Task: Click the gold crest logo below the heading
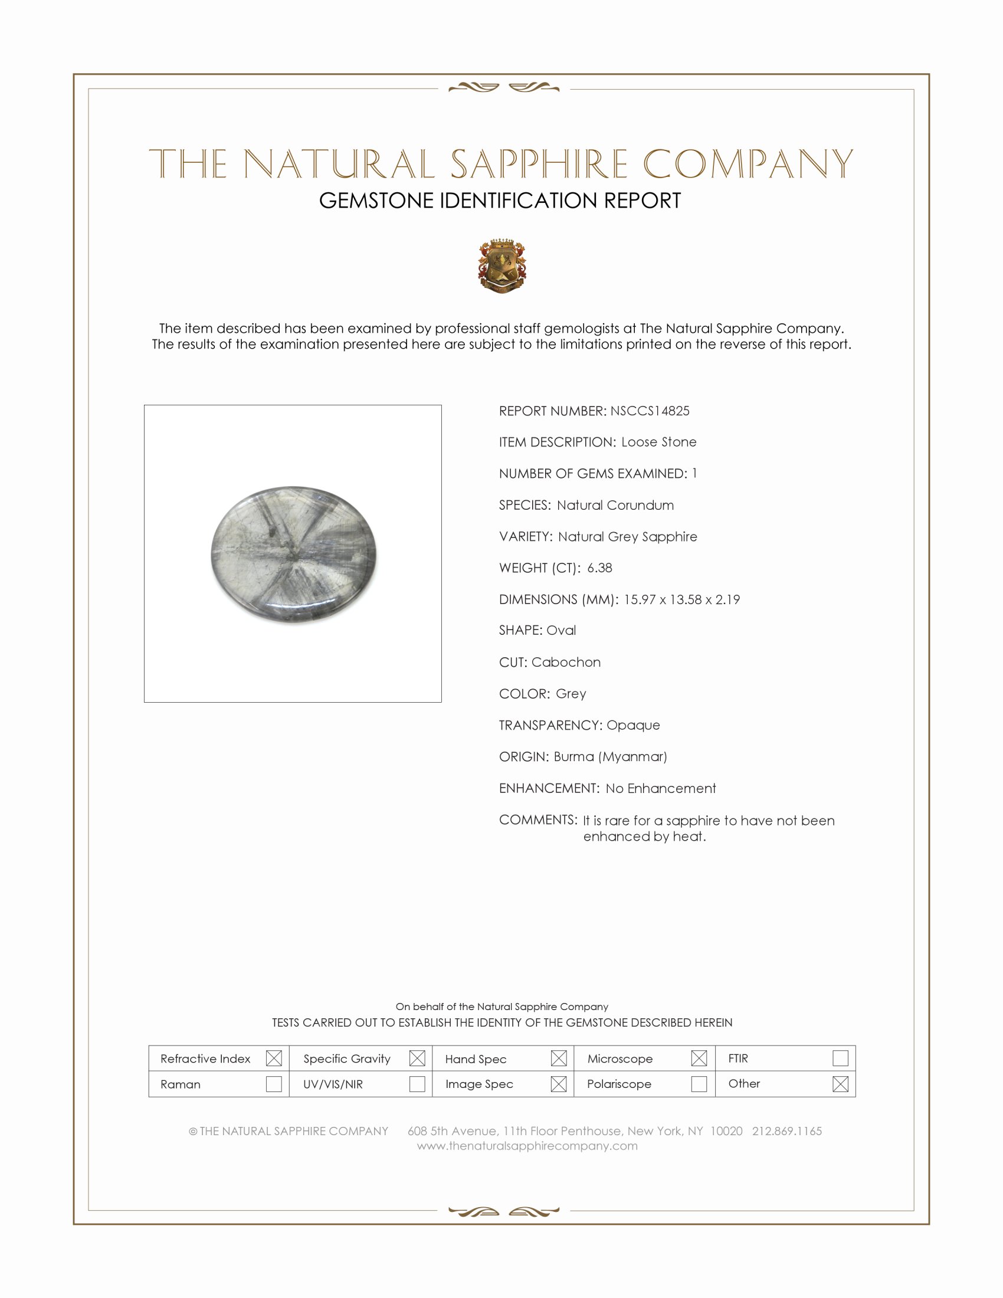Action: [x=502, y=265]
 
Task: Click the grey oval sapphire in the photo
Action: [x=294, y=554]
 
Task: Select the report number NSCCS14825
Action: [x=650, y=411]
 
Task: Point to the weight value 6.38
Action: [x=599, y=568]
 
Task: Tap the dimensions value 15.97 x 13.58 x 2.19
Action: [x=681, y=599]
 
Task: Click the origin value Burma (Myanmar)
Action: [x=610, y=756]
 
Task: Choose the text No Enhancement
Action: [x=661, y=788]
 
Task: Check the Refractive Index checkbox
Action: [x=274, y=1058]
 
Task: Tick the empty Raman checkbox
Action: [x=274, y=1083]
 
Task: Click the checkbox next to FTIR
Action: [x=840, y=1058]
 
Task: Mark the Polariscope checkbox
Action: [x=699, y=1083]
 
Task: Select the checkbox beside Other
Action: [x=840, y=1083]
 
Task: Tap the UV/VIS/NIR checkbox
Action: [x=417, y=1083]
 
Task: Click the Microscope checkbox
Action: [x=699, y=1058]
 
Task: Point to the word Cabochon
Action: [x=566, y=662]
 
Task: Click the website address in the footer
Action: [x=527, y=1146]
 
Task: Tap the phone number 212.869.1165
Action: [x=786, y=1131]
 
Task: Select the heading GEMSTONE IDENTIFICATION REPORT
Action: [x=500, y=201]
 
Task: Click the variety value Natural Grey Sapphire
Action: [x=628, y=537]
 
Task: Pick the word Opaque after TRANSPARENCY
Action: [x=633, y=725]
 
